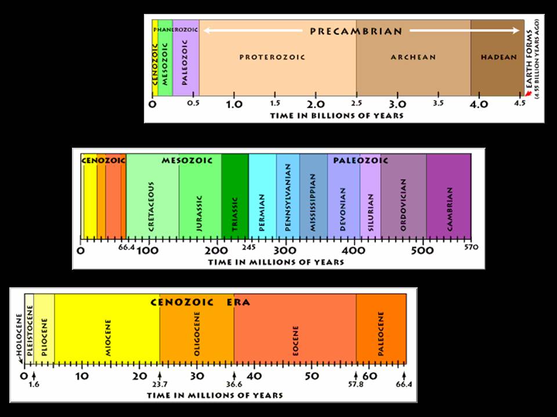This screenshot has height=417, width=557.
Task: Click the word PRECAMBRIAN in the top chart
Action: point(356,31)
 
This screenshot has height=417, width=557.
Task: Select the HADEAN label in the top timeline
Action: point(498,57)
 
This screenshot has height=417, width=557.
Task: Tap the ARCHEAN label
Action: point(413,57)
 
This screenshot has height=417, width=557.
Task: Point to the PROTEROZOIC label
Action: point(272,57)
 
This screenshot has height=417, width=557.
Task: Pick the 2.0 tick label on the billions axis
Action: point(316,105)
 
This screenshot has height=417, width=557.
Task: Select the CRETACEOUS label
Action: point(151,207)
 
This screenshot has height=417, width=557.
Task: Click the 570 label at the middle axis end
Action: point(471,248)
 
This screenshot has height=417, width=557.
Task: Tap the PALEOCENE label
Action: point(381,332)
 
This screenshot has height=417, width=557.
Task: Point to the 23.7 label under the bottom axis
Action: point(160,384)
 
